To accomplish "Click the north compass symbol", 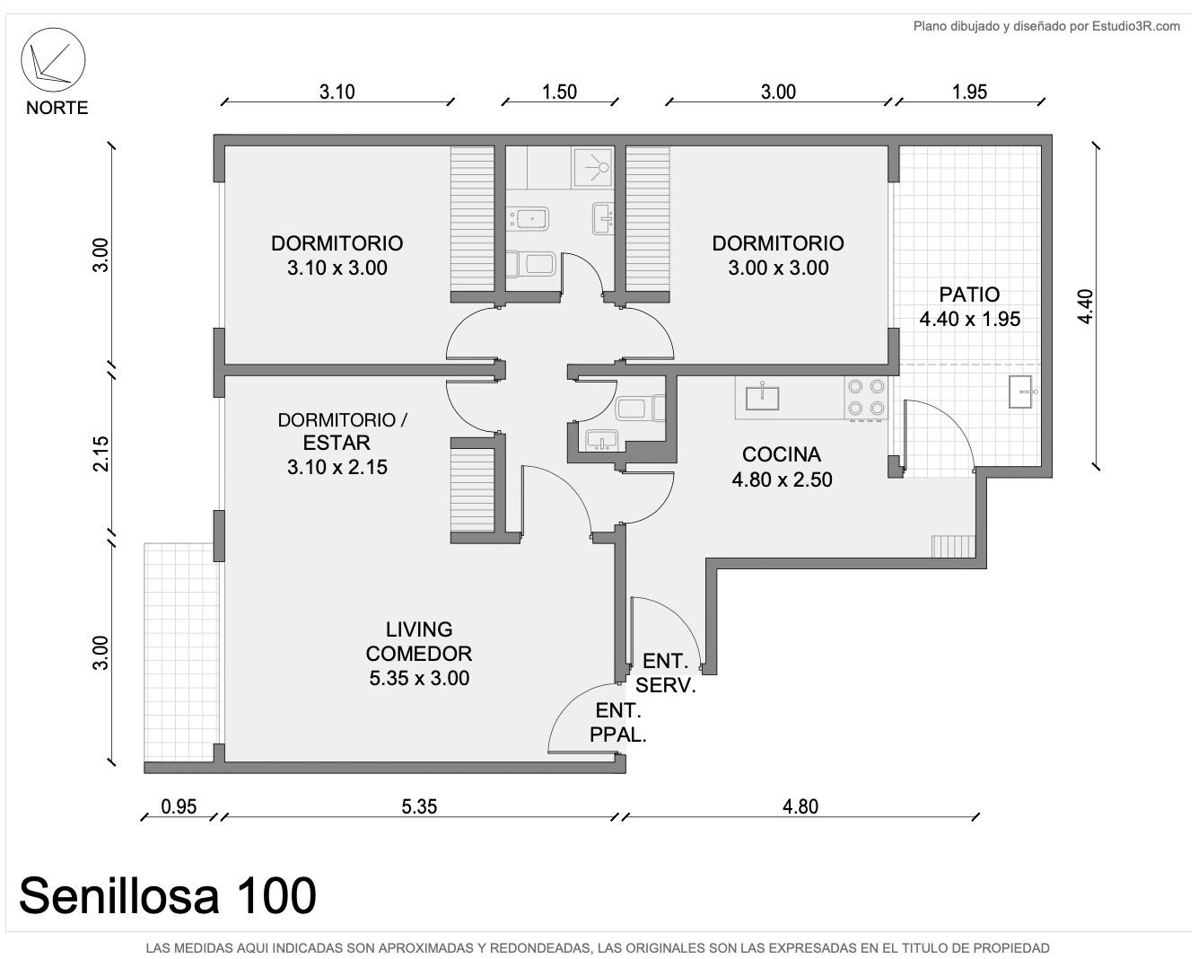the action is tap(53, 59).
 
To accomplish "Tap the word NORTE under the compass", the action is tap(57, 108).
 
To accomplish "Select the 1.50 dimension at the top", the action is tap(559, 92).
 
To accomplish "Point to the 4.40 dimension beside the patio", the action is tap(1085, 306).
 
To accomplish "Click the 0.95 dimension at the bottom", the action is tap(179, 806).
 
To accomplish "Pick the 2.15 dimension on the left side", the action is tap(101, 453).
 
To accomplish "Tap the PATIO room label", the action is tap(969, 295).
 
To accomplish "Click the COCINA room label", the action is tap(781, 454).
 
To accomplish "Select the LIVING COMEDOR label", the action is tap(419, 641).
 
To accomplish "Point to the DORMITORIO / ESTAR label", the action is tap(342, 431).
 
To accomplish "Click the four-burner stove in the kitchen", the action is tap(866, 397).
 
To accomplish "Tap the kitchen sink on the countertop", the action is tap(762, 396).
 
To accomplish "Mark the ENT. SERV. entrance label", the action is tap(666, 673).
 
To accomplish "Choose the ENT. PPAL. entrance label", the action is tap(618, 723).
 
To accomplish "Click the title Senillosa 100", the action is tap(168, 895).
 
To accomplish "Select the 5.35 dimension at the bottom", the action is tap(419, 806).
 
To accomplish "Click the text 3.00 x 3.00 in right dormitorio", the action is tap(778, 268).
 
